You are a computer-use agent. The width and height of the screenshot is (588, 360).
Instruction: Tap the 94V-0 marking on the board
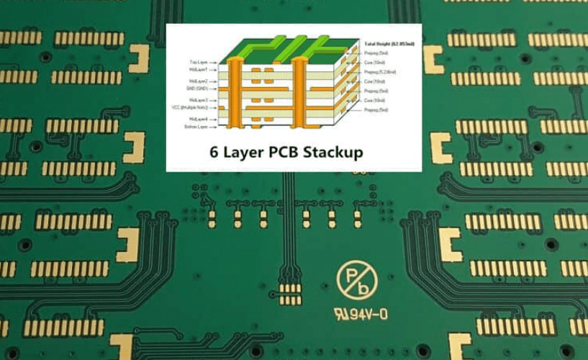coord(360,314)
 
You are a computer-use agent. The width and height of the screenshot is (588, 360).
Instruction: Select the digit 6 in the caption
coord(214,153)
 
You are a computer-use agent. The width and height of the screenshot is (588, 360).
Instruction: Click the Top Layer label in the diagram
coord(199,63)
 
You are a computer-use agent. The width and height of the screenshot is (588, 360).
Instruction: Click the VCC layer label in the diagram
coord(191,107)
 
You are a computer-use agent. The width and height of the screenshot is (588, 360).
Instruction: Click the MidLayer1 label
coord(199,70)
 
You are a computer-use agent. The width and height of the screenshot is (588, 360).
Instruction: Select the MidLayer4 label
coord(199,118)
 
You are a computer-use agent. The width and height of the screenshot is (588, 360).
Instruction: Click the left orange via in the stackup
coord(233,94)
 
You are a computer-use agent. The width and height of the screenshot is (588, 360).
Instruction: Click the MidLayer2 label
coord(199,81)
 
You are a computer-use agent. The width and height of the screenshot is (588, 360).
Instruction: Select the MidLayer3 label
coord(199,100)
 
